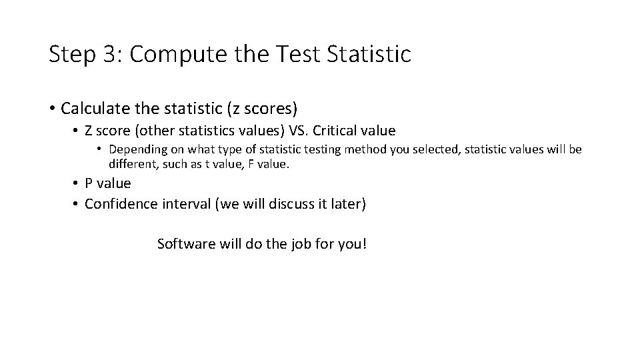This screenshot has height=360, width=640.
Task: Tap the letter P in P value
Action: click(x=89, y=183)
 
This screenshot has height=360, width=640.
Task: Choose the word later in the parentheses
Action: click(x=348, y=204)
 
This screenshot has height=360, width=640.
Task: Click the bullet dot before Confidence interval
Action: click(x=77, y=205)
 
